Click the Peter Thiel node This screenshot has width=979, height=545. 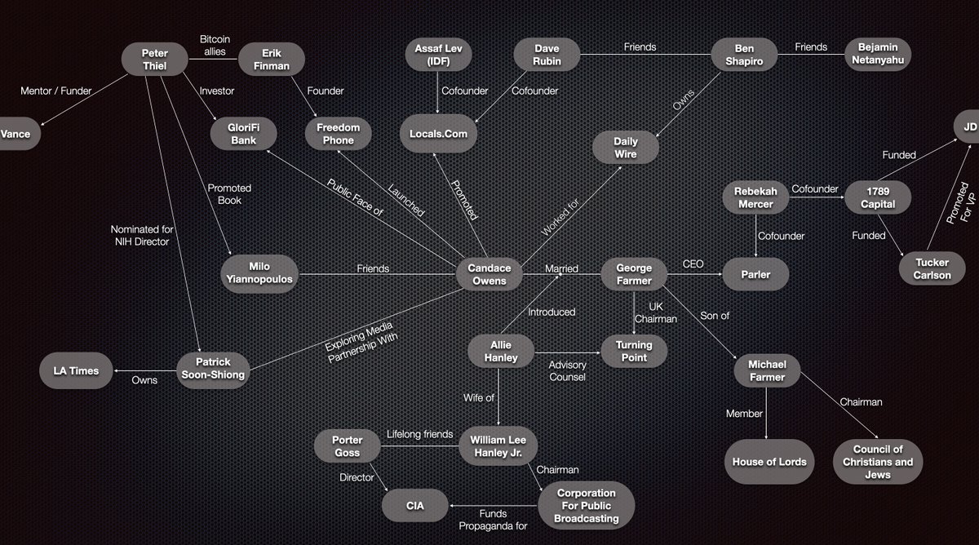(x=155, y=60)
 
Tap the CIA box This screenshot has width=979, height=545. (x=414, y=507)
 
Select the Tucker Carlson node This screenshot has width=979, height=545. (x=932, y=268)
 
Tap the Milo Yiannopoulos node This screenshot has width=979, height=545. (x=258, y=275)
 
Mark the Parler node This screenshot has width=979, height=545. (x=755, y=274)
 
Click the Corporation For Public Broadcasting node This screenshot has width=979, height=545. (x=588, y=507)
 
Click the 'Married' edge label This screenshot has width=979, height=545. (x=562, y=268)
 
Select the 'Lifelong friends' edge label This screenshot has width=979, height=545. (x=419, y=434)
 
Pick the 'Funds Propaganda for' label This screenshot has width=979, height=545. (x=493, y=520)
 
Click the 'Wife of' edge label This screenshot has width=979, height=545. (x=479, y=397)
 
